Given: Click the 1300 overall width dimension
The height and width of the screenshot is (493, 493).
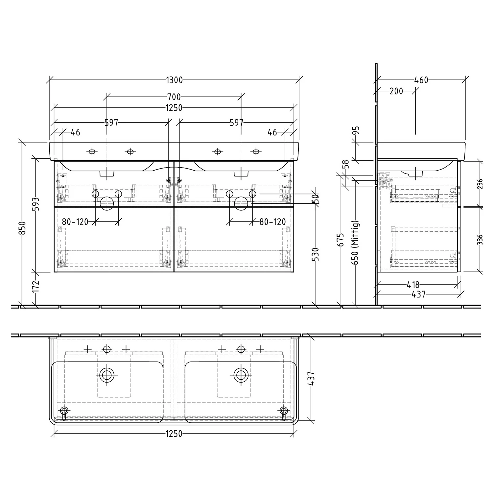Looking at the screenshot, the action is pyautogui.click(x=174, y=80).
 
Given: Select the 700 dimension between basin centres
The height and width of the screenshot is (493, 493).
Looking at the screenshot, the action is pyautogui.click(x=174, y=97).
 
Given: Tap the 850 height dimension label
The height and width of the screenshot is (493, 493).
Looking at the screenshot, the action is pyautogui.click(x=22, y=228).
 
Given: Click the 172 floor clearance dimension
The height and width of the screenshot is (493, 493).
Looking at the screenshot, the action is pyautogui.click(x=36, y=286).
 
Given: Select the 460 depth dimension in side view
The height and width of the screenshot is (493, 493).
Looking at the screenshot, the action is pyautogui.click(x=421, y=80).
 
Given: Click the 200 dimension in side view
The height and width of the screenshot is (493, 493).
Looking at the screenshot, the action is pyautogui.click(x=396, y=91).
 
